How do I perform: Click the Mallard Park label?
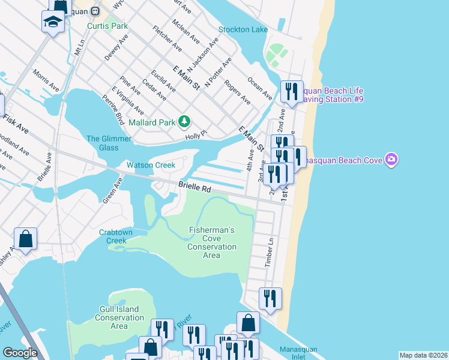click(x=152, y=122)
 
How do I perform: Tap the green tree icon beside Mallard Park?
click(x=184, y=122)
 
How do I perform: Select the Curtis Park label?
click(x=107, y=26)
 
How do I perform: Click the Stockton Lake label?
click(x=243, y=29)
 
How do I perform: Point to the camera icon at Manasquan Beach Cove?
click(x=392, y=160)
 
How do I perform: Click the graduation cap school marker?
click(x=53, y=22)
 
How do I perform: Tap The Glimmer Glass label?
click(x=109, y=143)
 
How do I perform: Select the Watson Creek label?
click(x=151, y=165)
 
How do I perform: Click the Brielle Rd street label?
click(x=195, y=188)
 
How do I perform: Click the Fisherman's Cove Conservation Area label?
click(x=212, y=242)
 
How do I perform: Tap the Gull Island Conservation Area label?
click(x=119, y=317)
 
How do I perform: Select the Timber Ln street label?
click(x=270, y=253)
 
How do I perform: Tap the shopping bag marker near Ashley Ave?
click(x=26, y=239)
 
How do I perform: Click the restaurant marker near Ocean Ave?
click(x=292, y=92)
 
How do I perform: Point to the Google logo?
click(x=20, y=353)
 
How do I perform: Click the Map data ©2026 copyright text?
click(x=423, y=355)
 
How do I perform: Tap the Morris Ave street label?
click(x=46, y=80)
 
